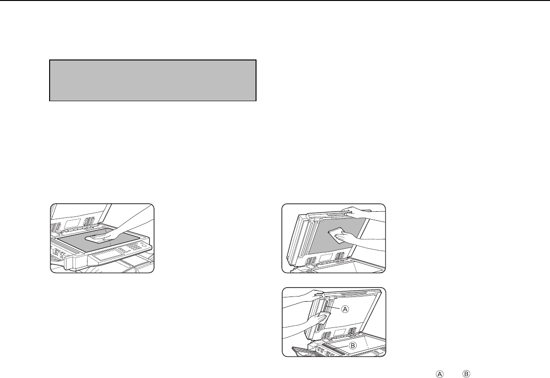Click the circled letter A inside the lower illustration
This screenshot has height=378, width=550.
(345, 309)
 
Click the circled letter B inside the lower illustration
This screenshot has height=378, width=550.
(353, 346)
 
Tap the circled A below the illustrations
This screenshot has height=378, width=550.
(440, 374)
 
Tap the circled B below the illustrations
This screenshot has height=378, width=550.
(467, 374)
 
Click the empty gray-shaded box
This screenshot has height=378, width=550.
(153, 81)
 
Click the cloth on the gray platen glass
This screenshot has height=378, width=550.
(98, 239)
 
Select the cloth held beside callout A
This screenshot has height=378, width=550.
(323, 319)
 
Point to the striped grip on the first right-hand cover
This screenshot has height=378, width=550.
(336, 214)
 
